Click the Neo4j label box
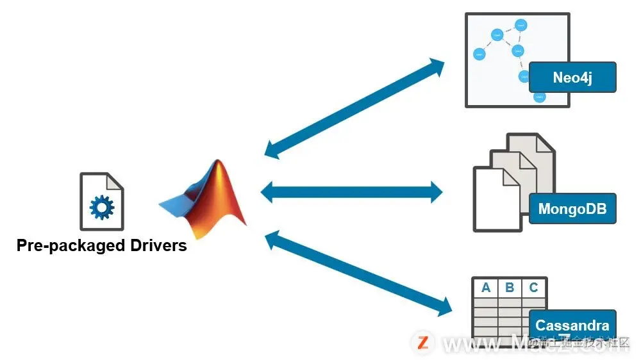572,78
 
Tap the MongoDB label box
572,208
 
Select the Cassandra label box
572,325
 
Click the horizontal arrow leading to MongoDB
352,190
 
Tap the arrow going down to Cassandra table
359,274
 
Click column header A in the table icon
486,288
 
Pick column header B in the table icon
510,288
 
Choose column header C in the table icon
534,288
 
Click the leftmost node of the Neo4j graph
479,55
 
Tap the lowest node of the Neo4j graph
539,97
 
